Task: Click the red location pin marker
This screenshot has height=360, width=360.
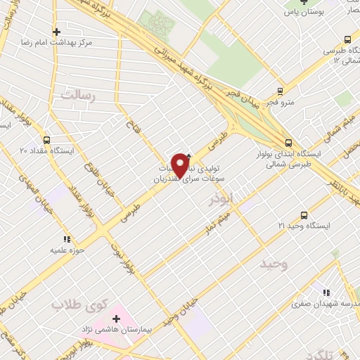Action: (181, 165)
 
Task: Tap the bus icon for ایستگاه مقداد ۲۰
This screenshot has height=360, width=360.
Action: (47, 139)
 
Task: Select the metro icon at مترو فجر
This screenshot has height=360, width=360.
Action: (281, 91)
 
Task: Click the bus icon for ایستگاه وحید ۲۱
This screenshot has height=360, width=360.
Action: (304, 214)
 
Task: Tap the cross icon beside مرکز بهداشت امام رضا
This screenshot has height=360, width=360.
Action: (57, 32)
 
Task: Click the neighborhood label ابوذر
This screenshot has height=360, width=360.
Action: (222, 201)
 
